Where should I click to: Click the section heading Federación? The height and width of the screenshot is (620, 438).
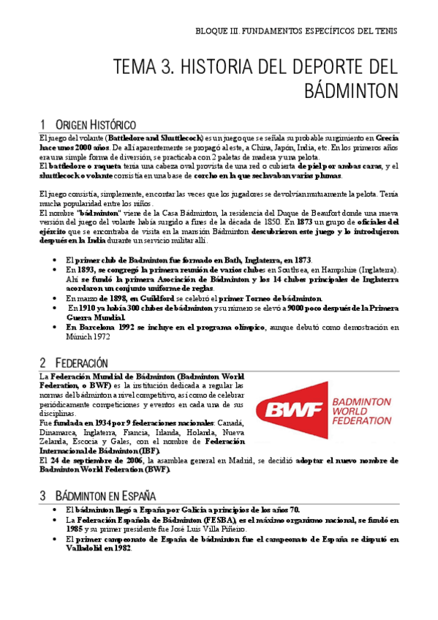[80, 363]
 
